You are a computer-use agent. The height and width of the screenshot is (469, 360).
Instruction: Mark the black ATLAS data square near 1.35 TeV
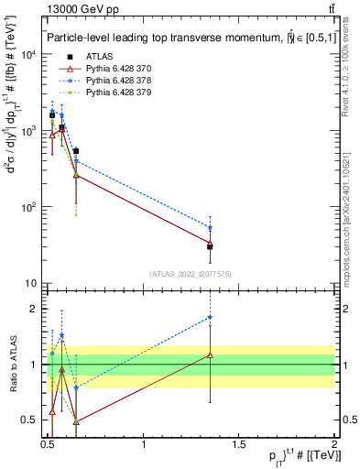tap(211, 246)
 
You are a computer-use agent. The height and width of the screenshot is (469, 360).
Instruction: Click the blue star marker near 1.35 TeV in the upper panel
tap(211, 228)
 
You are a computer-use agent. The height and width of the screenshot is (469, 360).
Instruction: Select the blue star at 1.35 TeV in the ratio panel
tap(211, 317)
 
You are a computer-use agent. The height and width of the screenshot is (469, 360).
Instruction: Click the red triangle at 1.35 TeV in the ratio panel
tap(211, 354)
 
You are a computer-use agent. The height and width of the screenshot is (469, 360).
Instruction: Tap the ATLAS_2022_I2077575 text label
tap(191, 274)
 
